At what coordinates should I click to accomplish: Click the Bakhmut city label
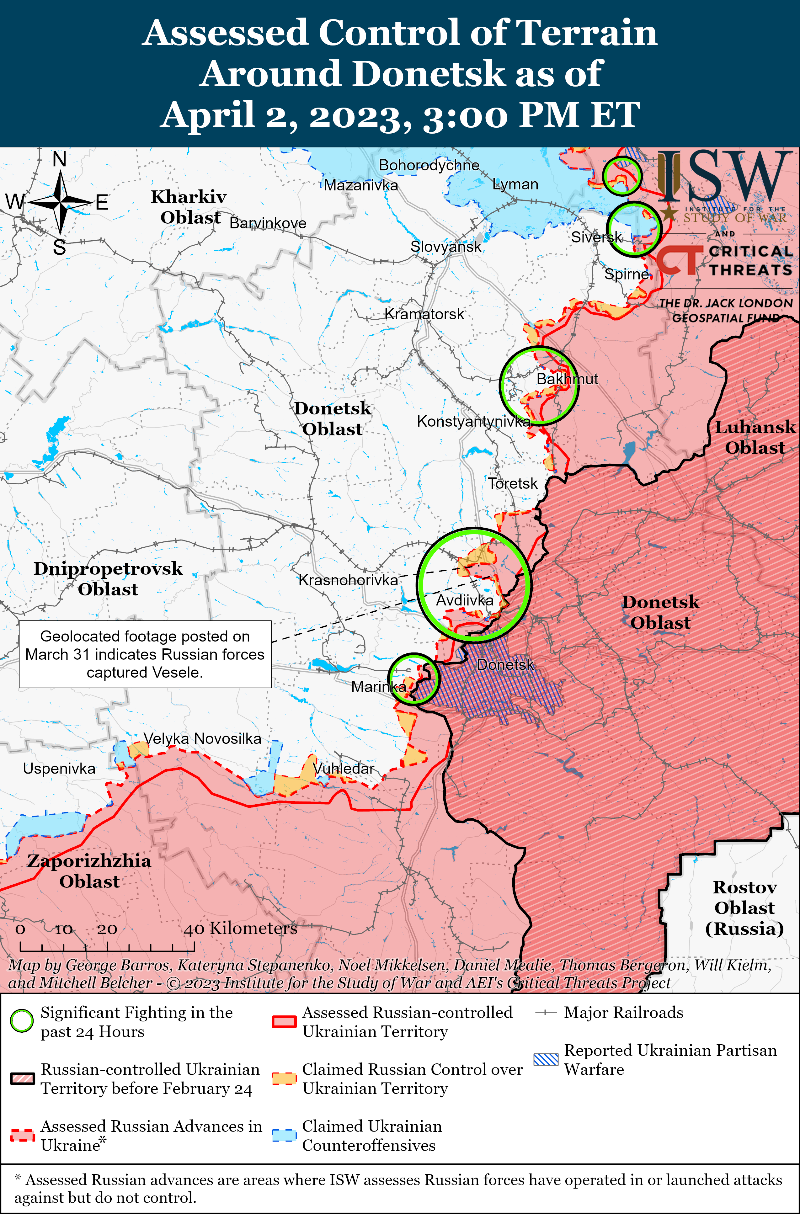click(567, 379)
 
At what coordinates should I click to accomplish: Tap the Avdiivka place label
click(464, 600)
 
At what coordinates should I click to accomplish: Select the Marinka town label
click(379, 687)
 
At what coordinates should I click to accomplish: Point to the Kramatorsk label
click(424, 314)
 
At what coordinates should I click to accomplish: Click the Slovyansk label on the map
click(446, 247)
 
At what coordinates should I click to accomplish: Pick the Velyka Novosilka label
click(202, 739)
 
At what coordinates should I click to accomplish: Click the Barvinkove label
click(268, 223)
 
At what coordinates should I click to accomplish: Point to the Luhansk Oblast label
click(755, 437)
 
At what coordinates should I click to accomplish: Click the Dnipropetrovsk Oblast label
click(108, 579)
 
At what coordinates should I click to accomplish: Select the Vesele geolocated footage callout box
click(145, 654)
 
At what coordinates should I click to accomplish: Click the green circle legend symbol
click(22, 1021)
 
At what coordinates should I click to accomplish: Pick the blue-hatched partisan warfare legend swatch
click(546, 1059)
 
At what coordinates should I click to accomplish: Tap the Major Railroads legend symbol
click(545, 1013)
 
